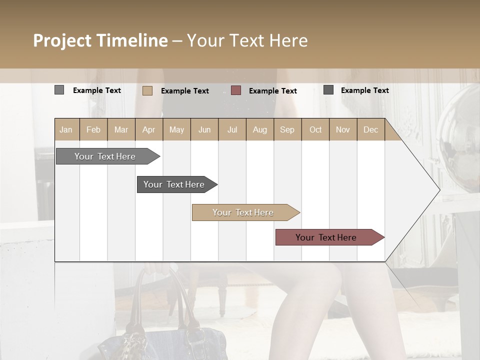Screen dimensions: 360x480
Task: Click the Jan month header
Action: click(x=66, y=129)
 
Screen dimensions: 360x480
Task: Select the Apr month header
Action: click(x=148, y=129)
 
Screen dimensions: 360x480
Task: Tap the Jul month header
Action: click(x=232, y=129)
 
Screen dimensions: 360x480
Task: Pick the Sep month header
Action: click(x=287, y=129)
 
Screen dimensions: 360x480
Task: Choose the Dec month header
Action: click(x=370, y=129)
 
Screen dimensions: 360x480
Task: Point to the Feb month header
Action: click(x=93, y=129)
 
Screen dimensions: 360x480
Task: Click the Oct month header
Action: click(x=315, y=129)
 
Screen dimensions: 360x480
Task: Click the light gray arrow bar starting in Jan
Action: click(x=105, y=156)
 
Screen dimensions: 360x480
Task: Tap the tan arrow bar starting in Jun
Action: click(x=243, y=212)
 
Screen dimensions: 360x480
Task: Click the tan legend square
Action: click(x=147, y=90)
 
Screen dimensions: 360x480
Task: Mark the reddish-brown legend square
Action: click(x=236, y=90)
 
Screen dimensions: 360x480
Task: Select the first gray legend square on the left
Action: click(x=59, y=90)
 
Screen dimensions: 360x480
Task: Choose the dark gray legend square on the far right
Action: click(x=328, y=90)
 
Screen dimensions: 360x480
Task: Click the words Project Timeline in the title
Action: click(x=100, y=40)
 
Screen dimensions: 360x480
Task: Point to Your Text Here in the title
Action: click(x=247, y=40)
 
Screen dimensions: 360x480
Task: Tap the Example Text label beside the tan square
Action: click(x=185, y=91)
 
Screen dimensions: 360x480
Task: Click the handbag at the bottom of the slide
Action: click(x=145, y=330)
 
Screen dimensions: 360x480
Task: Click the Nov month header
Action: click(x=343, y=129)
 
